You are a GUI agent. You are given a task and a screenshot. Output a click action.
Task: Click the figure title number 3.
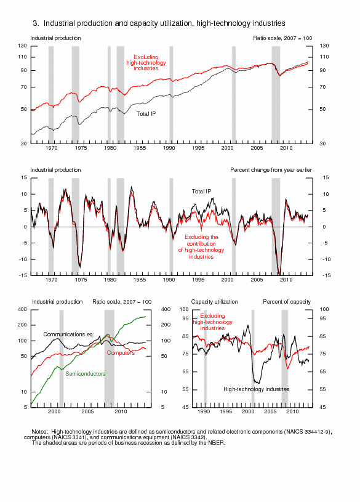pos(36,23)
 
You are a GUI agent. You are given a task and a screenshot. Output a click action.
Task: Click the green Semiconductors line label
pos(86,374)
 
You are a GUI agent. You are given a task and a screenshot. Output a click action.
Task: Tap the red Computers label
pos(121,353)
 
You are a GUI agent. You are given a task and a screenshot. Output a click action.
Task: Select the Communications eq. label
pos(69,334)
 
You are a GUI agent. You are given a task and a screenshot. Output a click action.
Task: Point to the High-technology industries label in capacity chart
pos(257,389)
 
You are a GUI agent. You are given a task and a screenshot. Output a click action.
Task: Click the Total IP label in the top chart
pos(146,114)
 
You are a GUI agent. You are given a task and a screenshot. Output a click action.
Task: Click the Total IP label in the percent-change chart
pos(201,191)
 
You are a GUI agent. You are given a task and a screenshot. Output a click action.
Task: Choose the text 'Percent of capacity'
pos(287,302)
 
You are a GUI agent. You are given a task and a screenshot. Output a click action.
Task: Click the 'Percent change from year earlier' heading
pos(271,169)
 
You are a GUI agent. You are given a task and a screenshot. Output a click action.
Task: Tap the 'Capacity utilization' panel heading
pos(214,302)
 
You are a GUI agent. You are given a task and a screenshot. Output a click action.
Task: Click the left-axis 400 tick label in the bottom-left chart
pos(22,309)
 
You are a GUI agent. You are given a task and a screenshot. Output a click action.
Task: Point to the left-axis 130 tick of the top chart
pos(22,46)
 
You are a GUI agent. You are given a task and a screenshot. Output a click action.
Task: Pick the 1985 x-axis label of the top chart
pos(140,148)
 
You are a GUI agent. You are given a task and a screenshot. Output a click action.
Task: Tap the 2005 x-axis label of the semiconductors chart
pos(87,411)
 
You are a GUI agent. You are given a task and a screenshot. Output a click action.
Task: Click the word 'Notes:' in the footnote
pos(40,432)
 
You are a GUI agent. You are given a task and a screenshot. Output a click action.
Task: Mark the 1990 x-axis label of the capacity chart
pos(204,411)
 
